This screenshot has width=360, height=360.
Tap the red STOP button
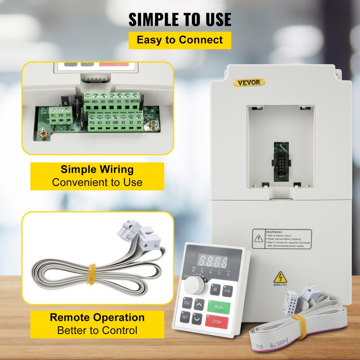(x=217, y=321)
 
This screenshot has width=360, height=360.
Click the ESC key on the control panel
(x=187, y=303)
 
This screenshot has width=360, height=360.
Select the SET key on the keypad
(x=185, y=317)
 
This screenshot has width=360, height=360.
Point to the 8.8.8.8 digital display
(x=214, y=261)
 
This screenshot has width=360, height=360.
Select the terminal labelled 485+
(x=87, y=102)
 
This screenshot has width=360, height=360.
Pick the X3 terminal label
(x=139, y=122)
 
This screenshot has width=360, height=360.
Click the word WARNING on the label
(x=274, y=232)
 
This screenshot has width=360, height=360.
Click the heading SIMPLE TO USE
(x=180, y=19)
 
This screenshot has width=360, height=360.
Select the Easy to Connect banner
(x=180, y=40)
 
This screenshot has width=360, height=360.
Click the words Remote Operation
(x=97, y=318)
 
